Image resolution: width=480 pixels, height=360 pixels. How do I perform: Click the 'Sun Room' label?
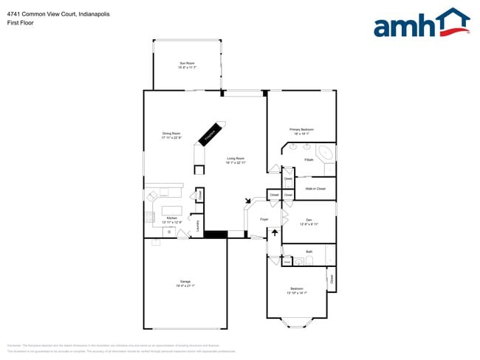[187, 66]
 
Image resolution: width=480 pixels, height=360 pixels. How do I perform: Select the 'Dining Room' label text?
[171, 136]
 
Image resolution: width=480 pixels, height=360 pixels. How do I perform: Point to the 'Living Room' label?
[236, 160]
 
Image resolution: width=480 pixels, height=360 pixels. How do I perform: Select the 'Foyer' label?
[264, 220]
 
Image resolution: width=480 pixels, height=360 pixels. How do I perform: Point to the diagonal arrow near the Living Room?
[249, 200]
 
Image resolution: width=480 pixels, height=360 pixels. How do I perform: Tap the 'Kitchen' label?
[171, 219]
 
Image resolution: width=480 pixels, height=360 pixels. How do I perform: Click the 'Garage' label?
[185, 283]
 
